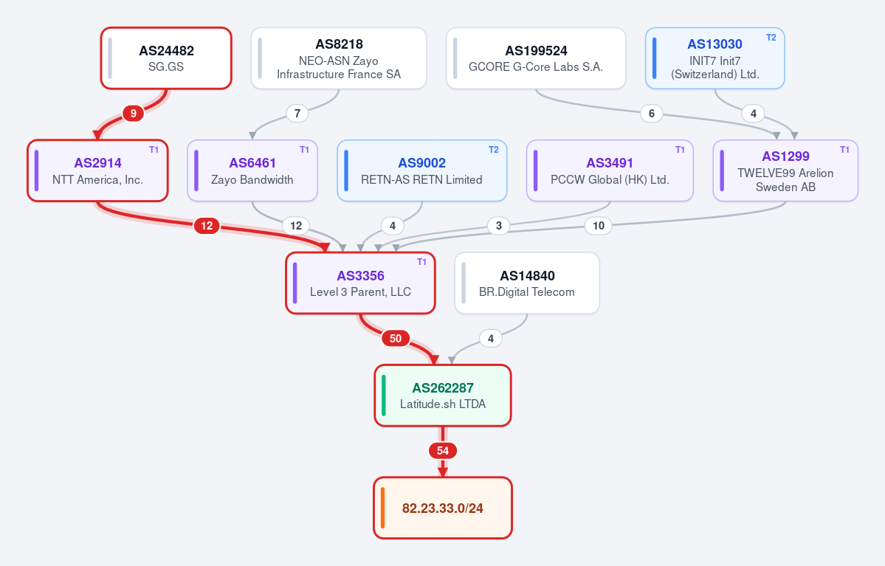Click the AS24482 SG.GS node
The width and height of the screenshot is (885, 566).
[166, 58]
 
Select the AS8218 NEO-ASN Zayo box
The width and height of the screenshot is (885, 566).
[339, 58]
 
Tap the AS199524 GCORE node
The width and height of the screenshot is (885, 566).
[536, 58]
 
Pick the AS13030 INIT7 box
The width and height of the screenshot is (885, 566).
[714, 58]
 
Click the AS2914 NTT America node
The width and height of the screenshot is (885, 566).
[97, 170]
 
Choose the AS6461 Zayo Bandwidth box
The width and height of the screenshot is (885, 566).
[252, 170]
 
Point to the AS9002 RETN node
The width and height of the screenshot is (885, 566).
[421, 170]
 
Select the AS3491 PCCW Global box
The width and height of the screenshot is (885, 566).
[610, 170]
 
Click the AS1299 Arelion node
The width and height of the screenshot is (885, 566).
[785, 170]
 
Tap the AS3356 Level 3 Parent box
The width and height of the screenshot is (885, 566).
[360, 283]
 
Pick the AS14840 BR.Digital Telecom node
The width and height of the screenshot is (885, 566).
[527, 283]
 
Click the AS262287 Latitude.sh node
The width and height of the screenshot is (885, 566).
[443, 395]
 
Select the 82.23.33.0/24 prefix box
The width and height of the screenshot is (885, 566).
[443, 508]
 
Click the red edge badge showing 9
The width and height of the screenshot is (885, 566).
[133, 114]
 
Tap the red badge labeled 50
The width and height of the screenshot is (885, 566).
[395, 339]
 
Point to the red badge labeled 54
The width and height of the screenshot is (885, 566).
[443, 451]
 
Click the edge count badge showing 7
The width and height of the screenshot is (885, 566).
[297, 114]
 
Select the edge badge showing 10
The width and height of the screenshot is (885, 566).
[599, 226]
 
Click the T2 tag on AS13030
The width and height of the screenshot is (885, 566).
[771, 38]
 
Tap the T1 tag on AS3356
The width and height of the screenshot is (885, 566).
[421, 262]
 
